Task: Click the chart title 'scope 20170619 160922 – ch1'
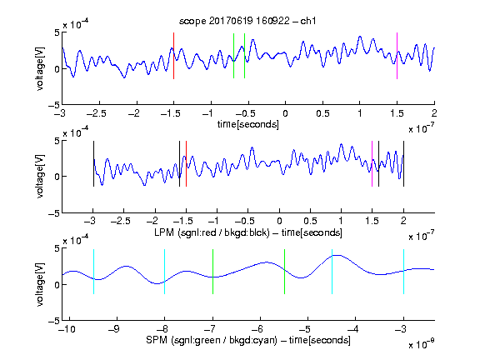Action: [247, 21]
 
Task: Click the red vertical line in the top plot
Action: [173, 56]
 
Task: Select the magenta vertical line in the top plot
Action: [397, 56]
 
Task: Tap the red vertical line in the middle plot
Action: [186, 163]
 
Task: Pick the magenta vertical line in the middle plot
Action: [372, 163]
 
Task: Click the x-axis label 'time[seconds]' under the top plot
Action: [248, 124]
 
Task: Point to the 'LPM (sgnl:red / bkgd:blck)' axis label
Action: [212, 232]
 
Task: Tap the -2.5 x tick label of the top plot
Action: [97, 113]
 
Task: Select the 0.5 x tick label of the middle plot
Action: [310, 221]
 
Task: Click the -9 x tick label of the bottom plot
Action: [114, 329]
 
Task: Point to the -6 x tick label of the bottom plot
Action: [259, 329]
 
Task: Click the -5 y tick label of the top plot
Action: [54, 105]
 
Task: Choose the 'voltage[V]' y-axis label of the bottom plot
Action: [40, 284]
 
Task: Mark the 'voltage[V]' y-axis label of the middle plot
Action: [40, 177]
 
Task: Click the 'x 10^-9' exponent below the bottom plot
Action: [422, 344]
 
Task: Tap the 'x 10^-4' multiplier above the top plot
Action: [76, 24]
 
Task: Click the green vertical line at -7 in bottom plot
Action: [212, 272]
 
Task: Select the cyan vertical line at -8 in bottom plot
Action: [164, 272]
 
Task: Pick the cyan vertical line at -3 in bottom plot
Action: [403, 272]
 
